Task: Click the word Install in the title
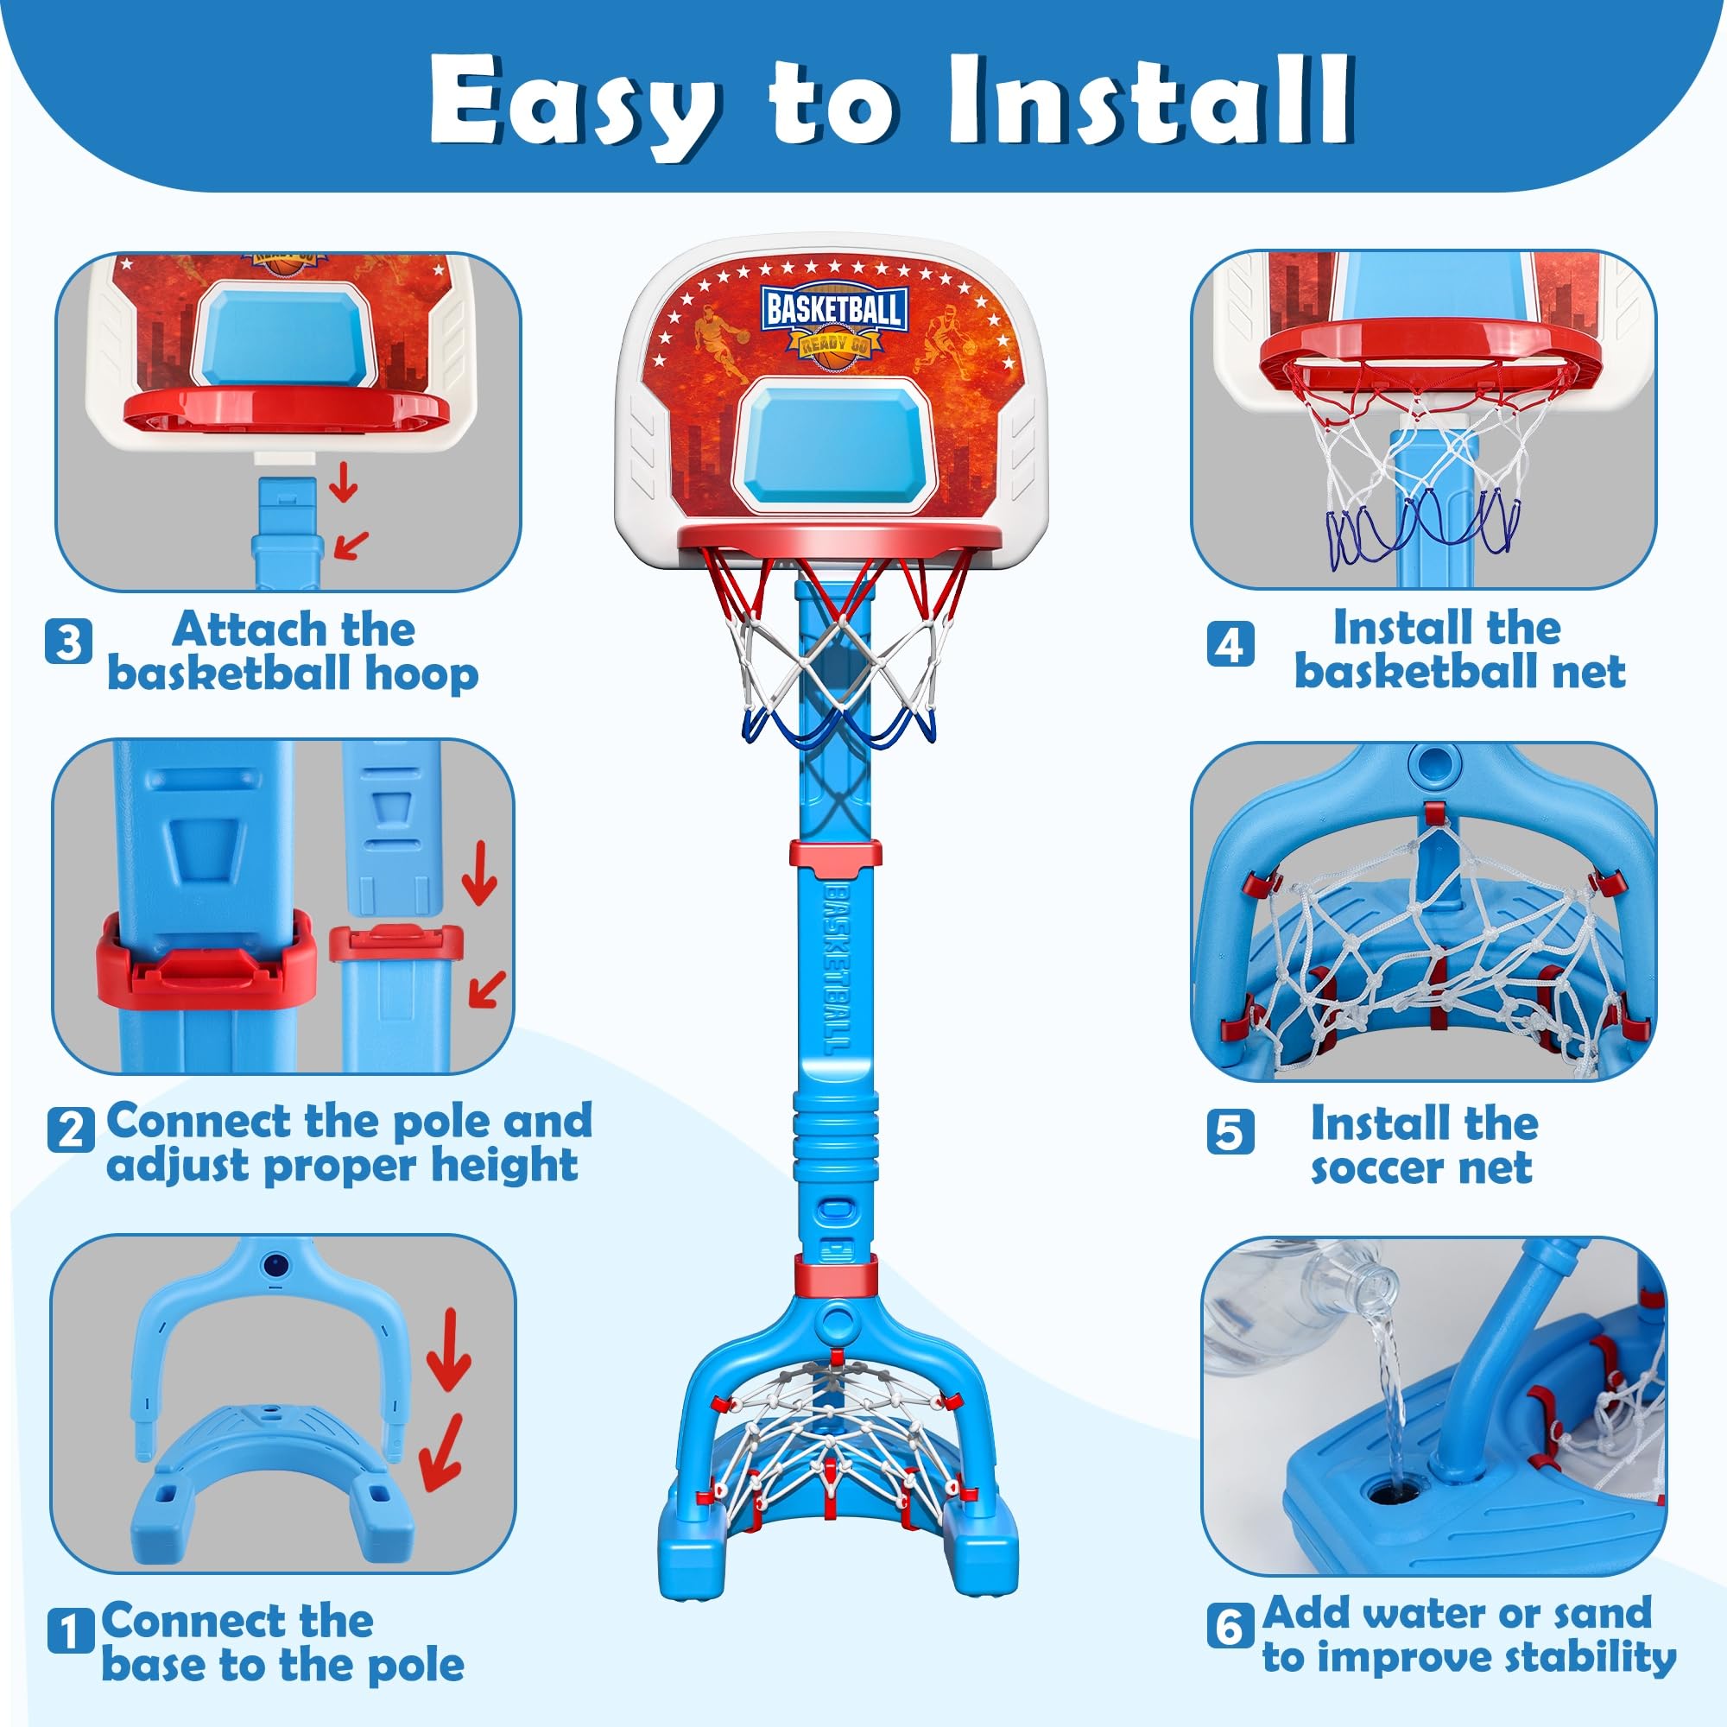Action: (x=1148, y=100)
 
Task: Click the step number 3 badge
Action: (x=68, y=642)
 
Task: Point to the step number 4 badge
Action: (x=1230, y=644)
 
